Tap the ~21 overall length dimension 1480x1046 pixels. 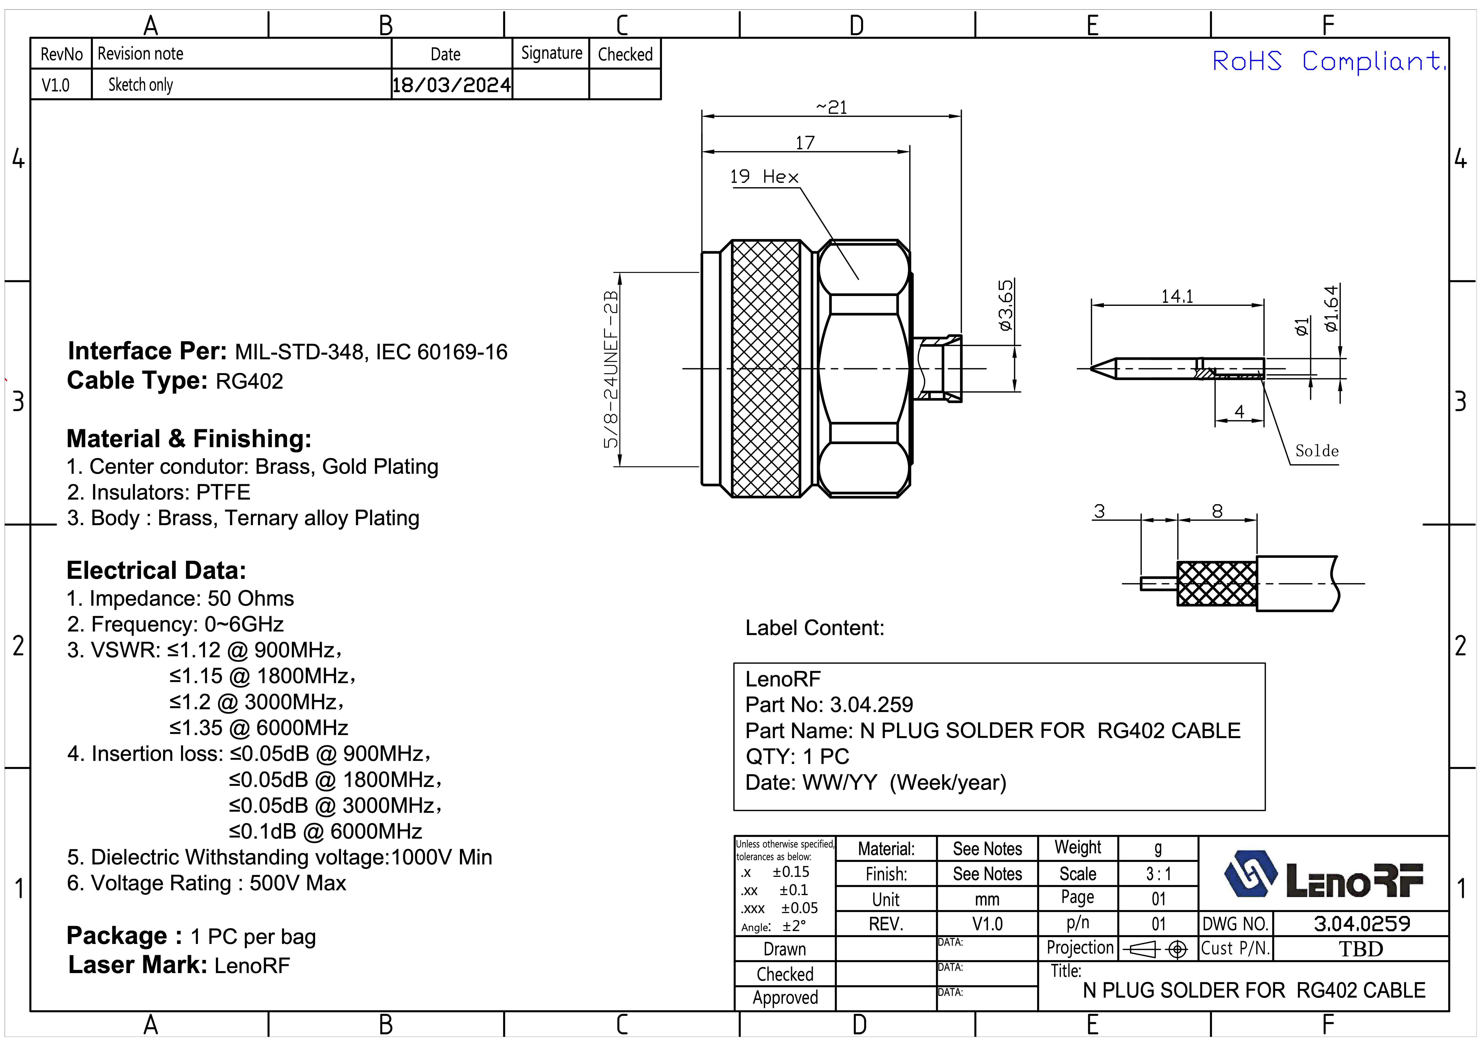[x=832, y=107]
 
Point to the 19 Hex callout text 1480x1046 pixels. [x=764, y=177]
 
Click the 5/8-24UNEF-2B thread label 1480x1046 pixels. [x=611, y=369]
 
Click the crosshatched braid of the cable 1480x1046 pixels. [x=1216, y=584]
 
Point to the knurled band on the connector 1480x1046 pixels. [x=766, y=369]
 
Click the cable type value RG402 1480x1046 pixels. [x=250, y=381]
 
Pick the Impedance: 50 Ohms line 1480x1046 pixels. [x=180, y=598]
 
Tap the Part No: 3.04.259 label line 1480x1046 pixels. [x=829, y=705]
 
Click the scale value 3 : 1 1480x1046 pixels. [x=1158, y=874]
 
